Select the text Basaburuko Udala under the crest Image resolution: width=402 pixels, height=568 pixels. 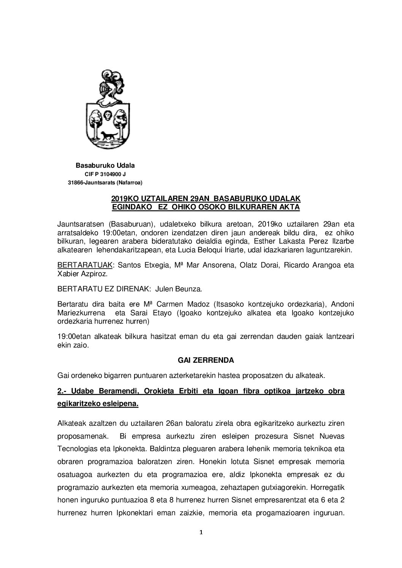[x=105, y=166]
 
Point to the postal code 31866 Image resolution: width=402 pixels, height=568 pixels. [x=75, y=183]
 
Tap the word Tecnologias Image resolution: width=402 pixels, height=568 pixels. [x=75, y=449]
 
